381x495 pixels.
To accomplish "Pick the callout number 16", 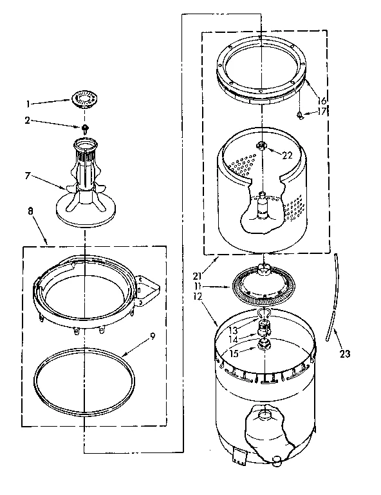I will coord(322,101).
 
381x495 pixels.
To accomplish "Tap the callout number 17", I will coord(324,112).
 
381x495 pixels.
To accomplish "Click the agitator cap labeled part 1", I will coord(82,99).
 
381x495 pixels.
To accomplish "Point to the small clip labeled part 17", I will coord(301,115).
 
